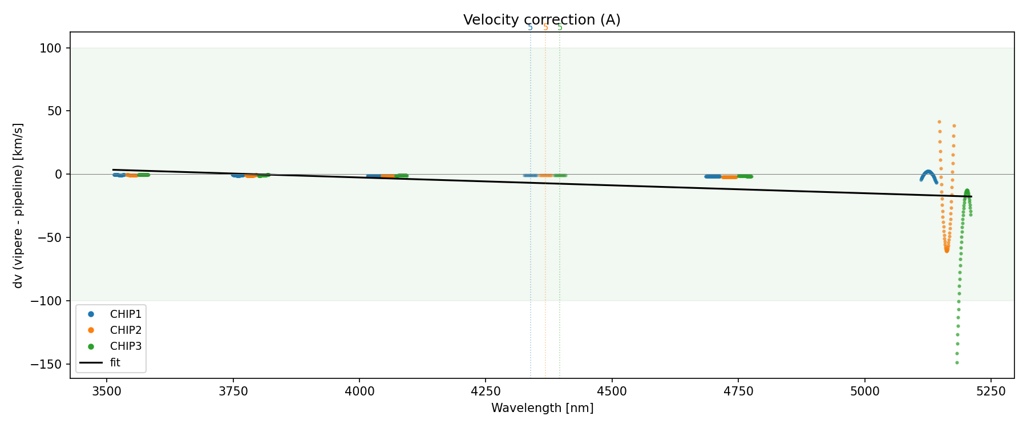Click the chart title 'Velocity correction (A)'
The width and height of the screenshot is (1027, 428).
541,20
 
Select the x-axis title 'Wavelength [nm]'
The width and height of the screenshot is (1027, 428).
542,408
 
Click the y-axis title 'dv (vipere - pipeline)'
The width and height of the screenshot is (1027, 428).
18,205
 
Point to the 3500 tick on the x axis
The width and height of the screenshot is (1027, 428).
107,391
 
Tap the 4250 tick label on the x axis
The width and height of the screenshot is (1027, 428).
485,391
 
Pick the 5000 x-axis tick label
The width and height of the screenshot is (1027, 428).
864,391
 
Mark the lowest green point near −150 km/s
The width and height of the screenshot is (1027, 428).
957,362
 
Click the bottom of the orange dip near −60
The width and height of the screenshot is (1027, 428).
947,250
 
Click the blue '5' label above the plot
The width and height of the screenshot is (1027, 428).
530,27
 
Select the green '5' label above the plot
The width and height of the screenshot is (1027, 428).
560,27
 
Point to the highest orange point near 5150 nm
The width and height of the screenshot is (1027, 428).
939,122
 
